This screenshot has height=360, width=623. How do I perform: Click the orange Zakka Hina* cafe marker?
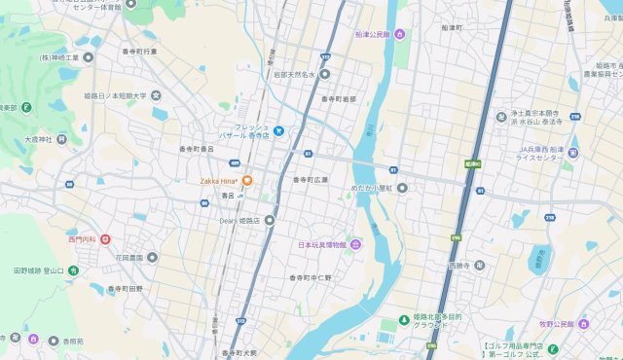coord(247,180)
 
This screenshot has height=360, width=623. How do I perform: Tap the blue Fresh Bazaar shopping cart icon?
coord(278,130)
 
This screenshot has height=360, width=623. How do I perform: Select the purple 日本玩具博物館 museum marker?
coord(355,243)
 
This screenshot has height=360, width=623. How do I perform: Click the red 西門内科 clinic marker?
coord(105,238)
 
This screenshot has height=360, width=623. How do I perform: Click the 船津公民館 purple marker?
coord(399,35)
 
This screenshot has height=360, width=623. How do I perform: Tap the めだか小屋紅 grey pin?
coord(401,189)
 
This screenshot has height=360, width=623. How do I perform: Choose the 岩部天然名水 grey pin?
coord(324,73)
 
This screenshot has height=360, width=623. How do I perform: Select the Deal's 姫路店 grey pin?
coord(270,219)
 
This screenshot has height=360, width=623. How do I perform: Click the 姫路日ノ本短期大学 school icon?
coord(156,96)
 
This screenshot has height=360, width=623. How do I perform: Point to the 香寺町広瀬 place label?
coord(311,180)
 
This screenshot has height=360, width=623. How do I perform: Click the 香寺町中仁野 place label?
coord(311,278)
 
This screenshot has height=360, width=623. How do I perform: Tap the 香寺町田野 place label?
coord(125,289)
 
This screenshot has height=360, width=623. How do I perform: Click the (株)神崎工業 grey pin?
coord(89,58)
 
